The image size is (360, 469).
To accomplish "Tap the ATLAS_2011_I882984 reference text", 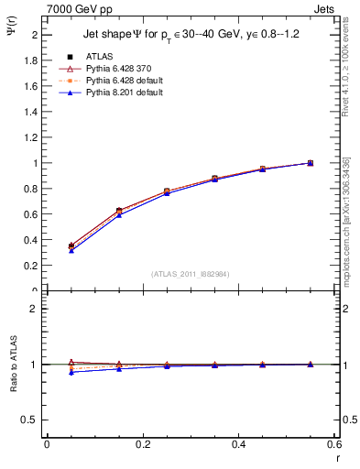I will (189, 274).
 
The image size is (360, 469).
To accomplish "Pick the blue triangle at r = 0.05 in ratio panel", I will (71, 372).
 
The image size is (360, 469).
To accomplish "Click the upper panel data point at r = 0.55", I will (311, 163).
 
